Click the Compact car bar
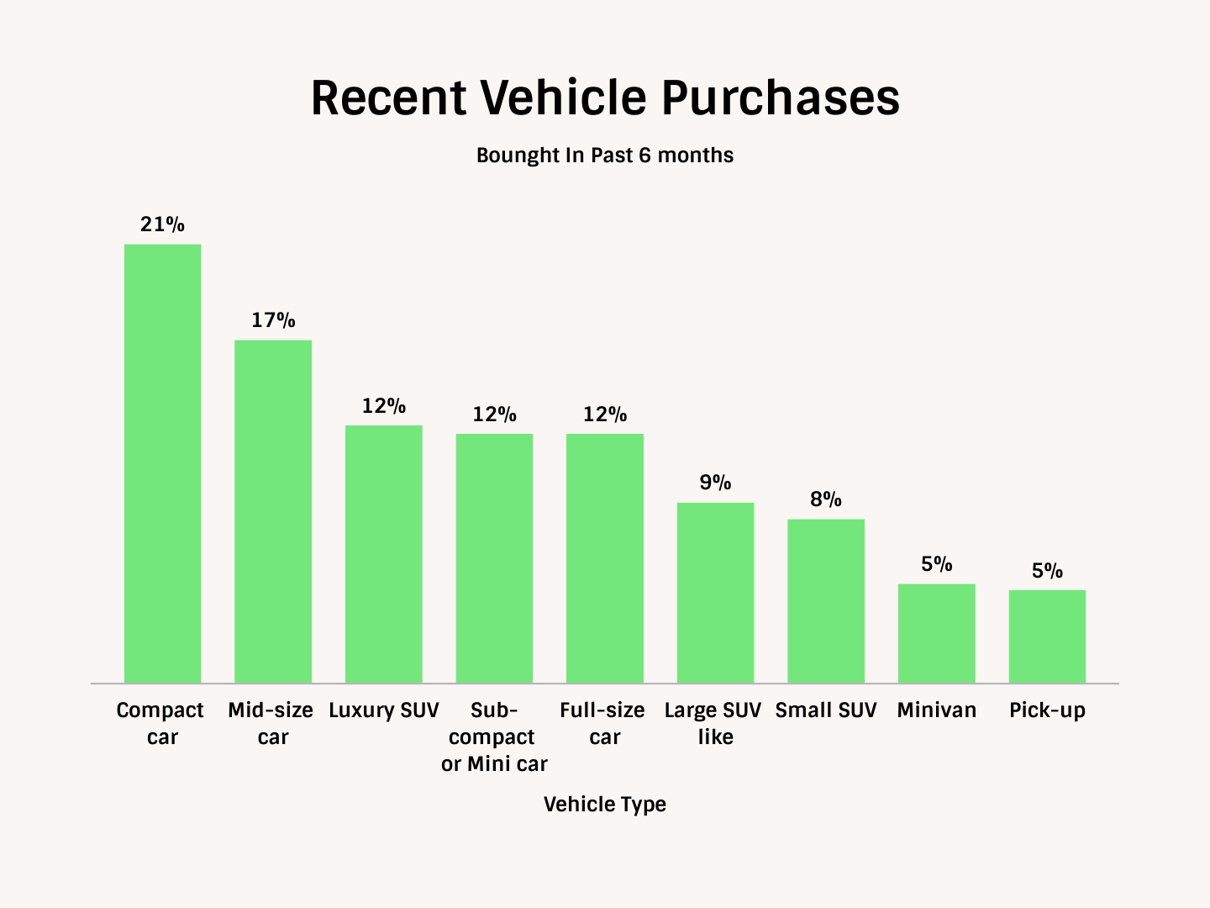162,463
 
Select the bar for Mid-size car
273,511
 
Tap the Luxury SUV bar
384,554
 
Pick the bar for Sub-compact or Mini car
494,558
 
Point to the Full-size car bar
605,558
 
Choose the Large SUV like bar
716,593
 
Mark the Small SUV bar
826,601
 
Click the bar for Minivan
937,633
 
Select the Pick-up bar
1047,636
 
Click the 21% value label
162,224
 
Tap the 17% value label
273,320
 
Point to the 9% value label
716,483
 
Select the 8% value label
826,499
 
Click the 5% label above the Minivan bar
937,564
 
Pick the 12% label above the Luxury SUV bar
384,406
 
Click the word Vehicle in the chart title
563,98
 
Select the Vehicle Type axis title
605,805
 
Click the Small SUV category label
826,710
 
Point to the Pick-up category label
1047,710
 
